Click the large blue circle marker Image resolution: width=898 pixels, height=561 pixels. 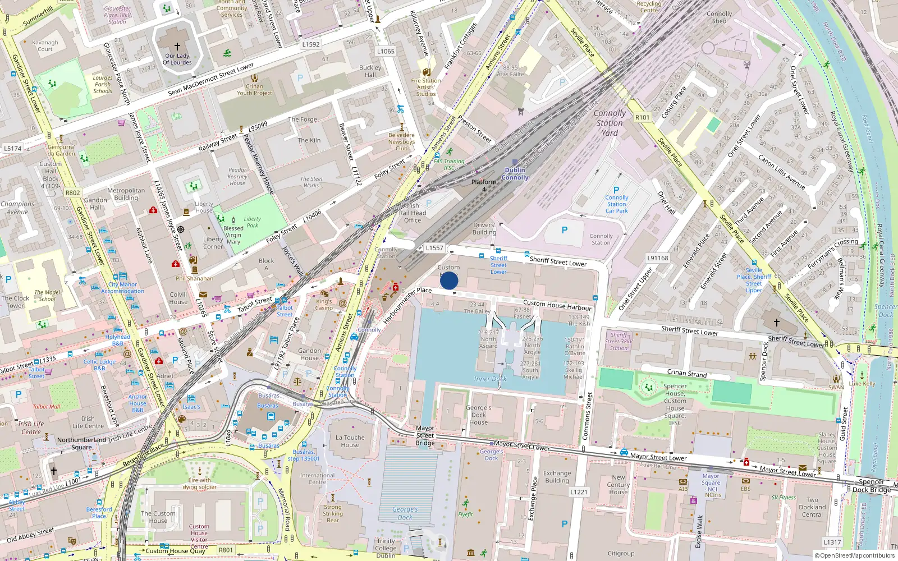(x=449, y=280)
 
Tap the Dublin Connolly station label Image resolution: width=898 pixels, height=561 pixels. (x=515, y=173)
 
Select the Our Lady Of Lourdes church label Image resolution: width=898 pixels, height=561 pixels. (x=177, y=59)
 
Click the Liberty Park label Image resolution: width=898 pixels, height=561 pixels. (x=253, y=222)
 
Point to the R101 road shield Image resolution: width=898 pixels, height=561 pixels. (x=642, y=117)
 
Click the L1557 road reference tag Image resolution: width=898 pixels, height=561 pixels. (x=434, y=247)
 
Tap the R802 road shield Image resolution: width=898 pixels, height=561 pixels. (x=73, y=192)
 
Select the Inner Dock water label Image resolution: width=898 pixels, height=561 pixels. (x=490, y=379)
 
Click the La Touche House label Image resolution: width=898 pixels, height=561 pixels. (x=350, y=441)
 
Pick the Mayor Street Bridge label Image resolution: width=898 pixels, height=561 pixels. (x=425, y=435)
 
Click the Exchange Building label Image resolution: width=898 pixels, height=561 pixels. (x=557, y=477)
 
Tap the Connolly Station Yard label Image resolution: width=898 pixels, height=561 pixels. (x=610, y=123)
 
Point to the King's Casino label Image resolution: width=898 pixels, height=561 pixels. (x=324, y=305)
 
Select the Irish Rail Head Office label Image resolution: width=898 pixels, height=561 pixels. (x=413, y=213)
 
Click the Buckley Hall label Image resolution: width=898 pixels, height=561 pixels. (x=370, y=71)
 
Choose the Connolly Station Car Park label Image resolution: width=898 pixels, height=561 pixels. (x=616, y=204)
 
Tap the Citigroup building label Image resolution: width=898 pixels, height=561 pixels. (x=621, y=553)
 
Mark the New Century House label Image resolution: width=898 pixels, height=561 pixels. (x=618, y=485)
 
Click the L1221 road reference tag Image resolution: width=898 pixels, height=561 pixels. (x=579, y=492)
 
